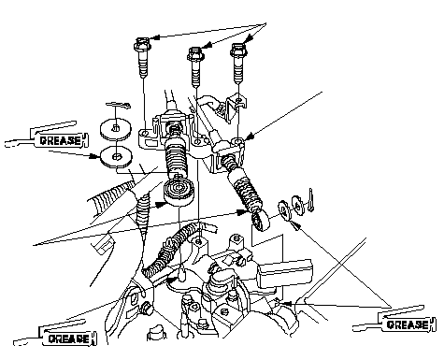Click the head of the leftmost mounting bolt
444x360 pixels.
[142, 44]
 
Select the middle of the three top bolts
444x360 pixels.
[195, 67]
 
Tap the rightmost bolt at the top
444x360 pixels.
[238, 63]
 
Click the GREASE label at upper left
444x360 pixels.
[60, 140]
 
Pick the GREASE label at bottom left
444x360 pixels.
[69, 338]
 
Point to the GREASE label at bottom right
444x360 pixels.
[408, 324]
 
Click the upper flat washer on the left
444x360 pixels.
[116, 129]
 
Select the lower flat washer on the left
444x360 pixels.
[116, 157]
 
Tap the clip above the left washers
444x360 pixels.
[119, 106]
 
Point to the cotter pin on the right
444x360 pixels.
[311, 200]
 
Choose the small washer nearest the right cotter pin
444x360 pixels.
[298, 205]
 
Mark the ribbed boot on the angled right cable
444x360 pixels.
[246, 189]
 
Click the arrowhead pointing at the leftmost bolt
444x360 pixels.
[155, 37]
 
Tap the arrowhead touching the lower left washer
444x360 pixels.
[94, 156]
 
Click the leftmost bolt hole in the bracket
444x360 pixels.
[145, 134]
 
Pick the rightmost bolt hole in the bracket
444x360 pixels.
[238, 142]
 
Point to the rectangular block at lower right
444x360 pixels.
[284, 273]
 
